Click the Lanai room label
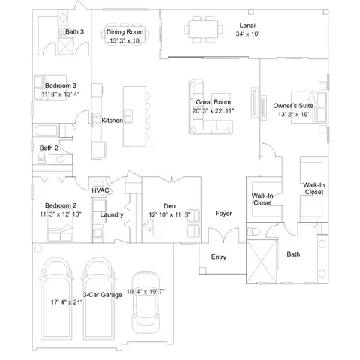coord(247,25)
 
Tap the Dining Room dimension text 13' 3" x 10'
coord(125,40)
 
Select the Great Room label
coord(213,102)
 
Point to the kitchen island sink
coord(128,116)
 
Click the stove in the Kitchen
coord(97,120)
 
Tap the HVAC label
coord(100,190)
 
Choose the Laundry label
coord(112,214)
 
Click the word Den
coord(169,206)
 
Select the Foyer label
coord(223,214)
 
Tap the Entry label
coord(219,256)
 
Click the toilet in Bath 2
coord(41,157)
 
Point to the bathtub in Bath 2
coord(46,130)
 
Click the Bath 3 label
coord(74,31)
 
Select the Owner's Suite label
coord(293,106)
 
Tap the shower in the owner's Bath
coord(262,262)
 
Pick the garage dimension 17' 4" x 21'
coord(67,302)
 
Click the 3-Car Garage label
coord(103,295)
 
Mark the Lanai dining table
coord(203,29)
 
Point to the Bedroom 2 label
coord(61,205)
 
